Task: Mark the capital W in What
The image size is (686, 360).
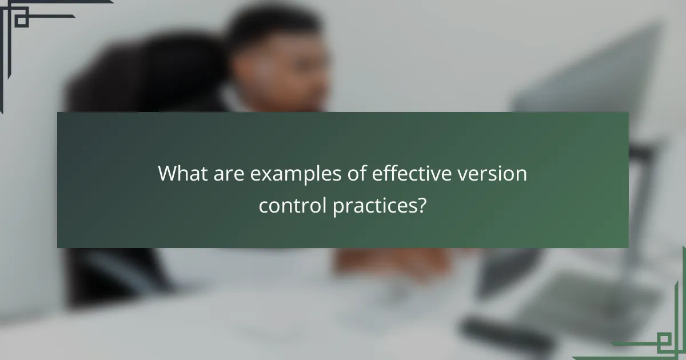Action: tap(169, 174)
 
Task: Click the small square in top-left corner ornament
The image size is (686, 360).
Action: tap(21, 20)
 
